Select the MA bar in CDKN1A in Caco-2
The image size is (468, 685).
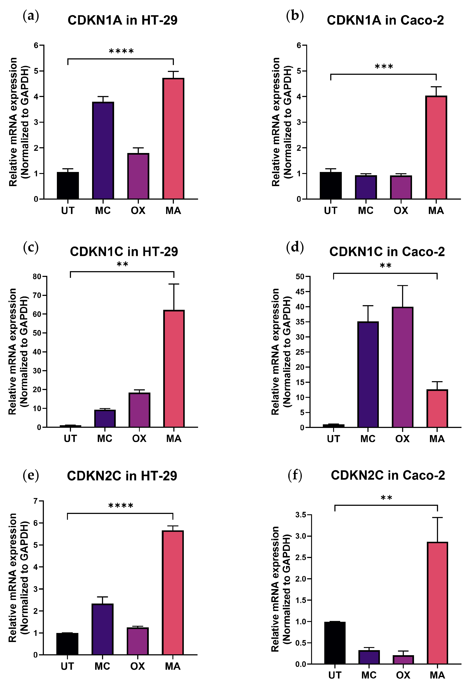point(436,147)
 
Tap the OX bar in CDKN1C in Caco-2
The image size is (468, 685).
point(402,367)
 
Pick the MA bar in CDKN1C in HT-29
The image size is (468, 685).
point(174,369)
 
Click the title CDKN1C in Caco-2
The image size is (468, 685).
point(387,251)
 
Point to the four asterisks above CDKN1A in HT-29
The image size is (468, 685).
point(121,51)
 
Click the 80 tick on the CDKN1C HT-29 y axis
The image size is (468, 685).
point(37,277)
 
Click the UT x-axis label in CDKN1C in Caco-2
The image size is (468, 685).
point(333,439)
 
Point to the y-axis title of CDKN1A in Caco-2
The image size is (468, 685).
point(281,122)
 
